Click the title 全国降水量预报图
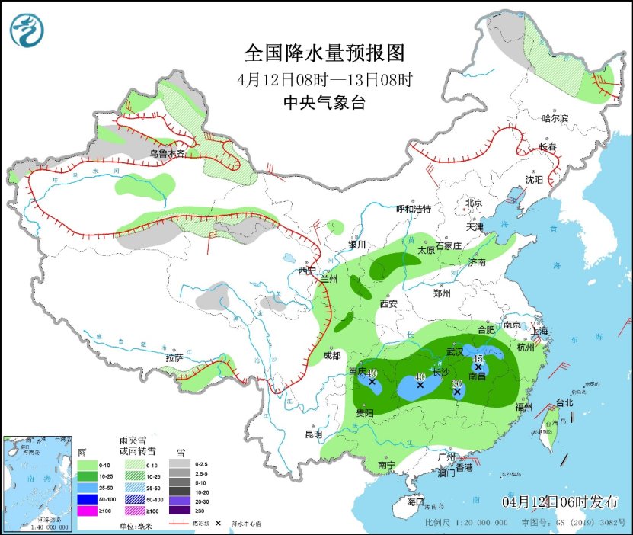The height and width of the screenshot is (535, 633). click(x=323, y=54)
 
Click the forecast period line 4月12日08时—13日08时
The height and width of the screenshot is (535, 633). click(x=323, y=79)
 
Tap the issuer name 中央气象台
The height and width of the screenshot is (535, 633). click(x=323, y=103)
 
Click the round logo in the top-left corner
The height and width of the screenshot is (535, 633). click(x=27, y=30)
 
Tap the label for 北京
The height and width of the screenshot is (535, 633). click(x=475, y=203)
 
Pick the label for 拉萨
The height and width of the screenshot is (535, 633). click(x=174, y=357)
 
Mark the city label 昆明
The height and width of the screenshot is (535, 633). click(x=314, y=434)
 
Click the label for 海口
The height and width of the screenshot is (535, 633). click(x=414, y=502)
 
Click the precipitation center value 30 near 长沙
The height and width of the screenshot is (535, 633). click(x=458, y=383)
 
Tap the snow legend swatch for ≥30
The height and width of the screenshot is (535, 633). click(x=180, y=511)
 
